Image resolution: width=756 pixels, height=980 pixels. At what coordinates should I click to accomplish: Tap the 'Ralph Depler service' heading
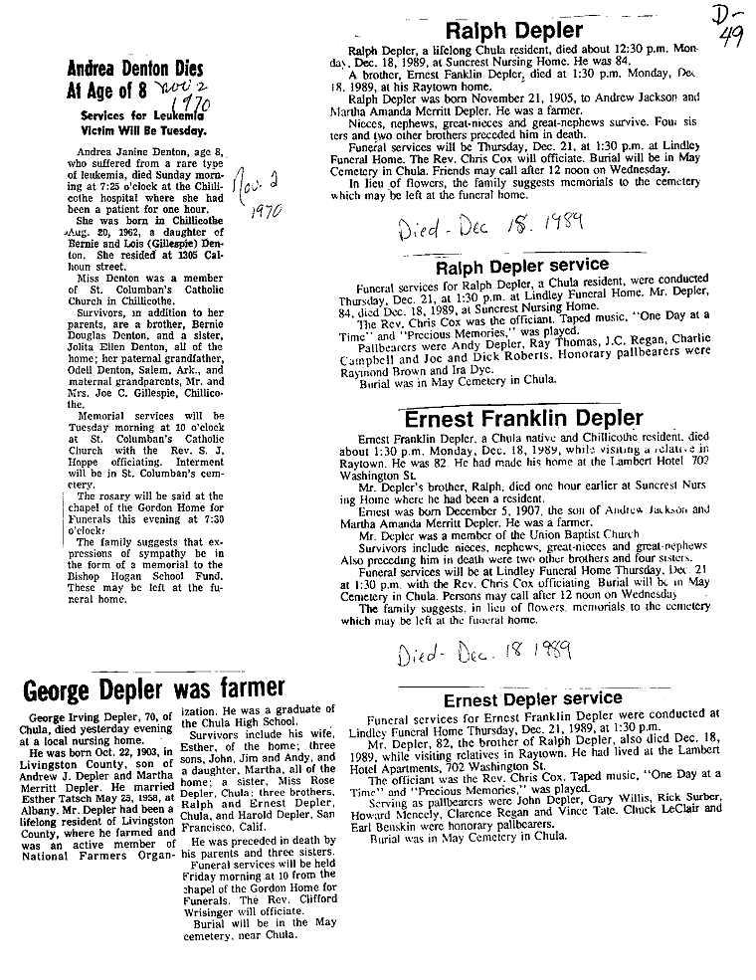[521, 266]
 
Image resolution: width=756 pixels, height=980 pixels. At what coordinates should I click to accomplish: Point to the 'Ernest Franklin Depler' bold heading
[518, 418]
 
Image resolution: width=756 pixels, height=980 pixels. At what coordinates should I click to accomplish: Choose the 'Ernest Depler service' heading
[532, 699]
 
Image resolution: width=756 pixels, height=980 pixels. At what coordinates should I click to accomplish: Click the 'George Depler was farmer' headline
[154, 688]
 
